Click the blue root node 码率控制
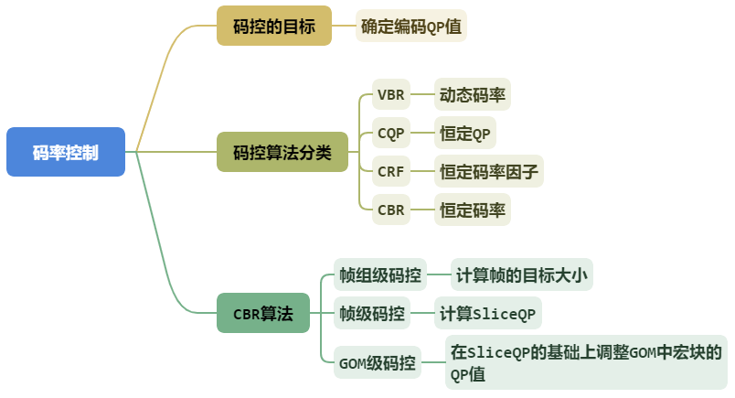click(x=66, y=152)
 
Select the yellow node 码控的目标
click(x=274, y=27)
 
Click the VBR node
click(x=390, y=95)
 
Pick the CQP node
click(x=390, y=134)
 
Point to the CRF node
click(x=390, y=171)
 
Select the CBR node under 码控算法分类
click(x=390, y=210)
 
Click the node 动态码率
click(x=473, y=95)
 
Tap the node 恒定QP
click(x=465, y=134)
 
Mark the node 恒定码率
click(x=473, y=210)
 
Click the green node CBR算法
click(x=263, y=313)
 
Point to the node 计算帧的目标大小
click(x=522, y=274)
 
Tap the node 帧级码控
click(x=372, y=313)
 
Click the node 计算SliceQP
click(x=487, y=313)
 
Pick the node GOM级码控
click(x=378, y=362)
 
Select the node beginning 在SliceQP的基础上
click(x=585, y=362)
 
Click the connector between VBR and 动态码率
click(x=421, y=95)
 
